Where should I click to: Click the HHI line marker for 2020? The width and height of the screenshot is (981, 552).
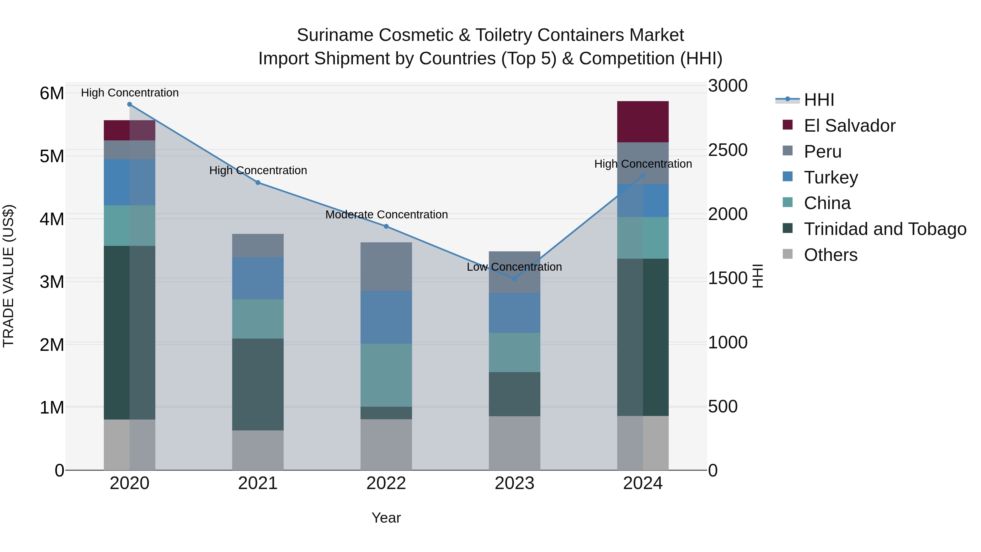point(129,104)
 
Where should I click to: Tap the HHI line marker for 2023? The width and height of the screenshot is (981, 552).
point(514,279)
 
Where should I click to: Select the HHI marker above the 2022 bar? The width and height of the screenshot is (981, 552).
point(386,226)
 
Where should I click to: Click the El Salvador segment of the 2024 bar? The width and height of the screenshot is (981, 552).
point(643,122)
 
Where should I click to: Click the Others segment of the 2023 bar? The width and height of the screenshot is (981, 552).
point(514,443)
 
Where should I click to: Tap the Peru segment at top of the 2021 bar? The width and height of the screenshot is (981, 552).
point(258,245)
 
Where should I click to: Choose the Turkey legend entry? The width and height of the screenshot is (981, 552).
point(831,177)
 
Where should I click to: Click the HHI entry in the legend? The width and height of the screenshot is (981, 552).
point(819,100)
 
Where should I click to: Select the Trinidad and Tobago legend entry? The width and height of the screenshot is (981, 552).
point(885,229)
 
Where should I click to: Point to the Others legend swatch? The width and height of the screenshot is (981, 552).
point(788,254)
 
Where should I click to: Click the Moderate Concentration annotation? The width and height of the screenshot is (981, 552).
point(386,215)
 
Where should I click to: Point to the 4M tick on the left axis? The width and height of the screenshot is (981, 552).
point(52,219)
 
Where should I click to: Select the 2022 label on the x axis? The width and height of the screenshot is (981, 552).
point(386,483)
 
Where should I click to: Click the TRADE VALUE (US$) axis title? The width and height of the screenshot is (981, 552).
point(8,276)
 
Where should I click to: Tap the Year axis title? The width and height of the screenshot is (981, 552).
point(386,518)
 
